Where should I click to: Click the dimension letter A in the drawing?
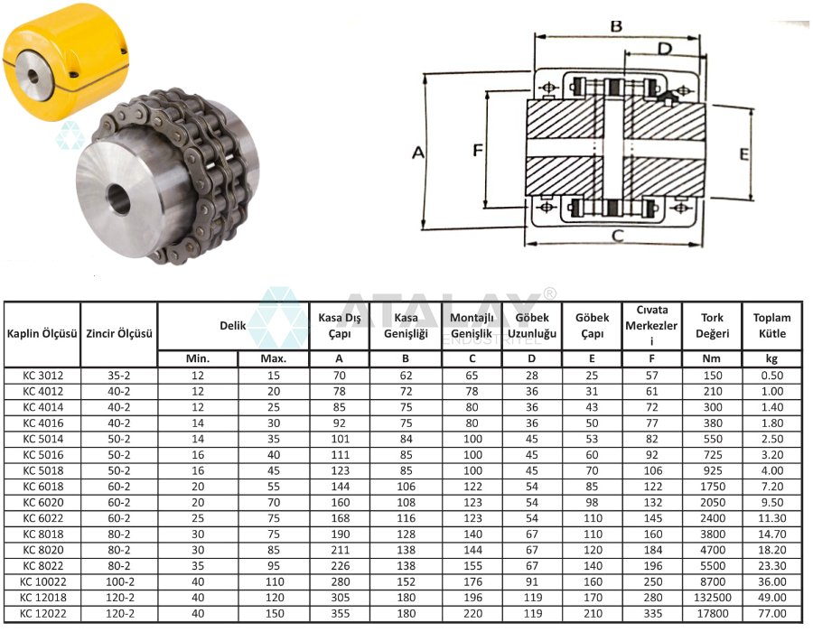click(x=417, y=153)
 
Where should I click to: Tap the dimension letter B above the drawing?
click(x=616, y=26)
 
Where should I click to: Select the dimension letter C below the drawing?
click(x=617, y=237)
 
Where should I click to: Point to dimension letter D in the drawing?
click(x=664, y=48)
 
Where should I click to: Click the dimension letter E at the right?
click(x=743, y=154)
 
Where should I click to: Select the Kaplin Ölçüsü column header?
click(x=42, y=334)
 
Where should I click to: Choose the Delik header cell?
click(x=233, y=325)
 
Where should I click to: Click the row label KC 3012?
click(x=42, y=374)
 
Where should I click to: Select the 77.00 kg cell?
click(x=771, y=614)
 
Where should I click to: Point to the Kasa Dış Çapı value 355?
click(x=339, y=614)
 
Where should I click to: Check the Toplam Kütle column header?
click(x=771, y=326)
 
